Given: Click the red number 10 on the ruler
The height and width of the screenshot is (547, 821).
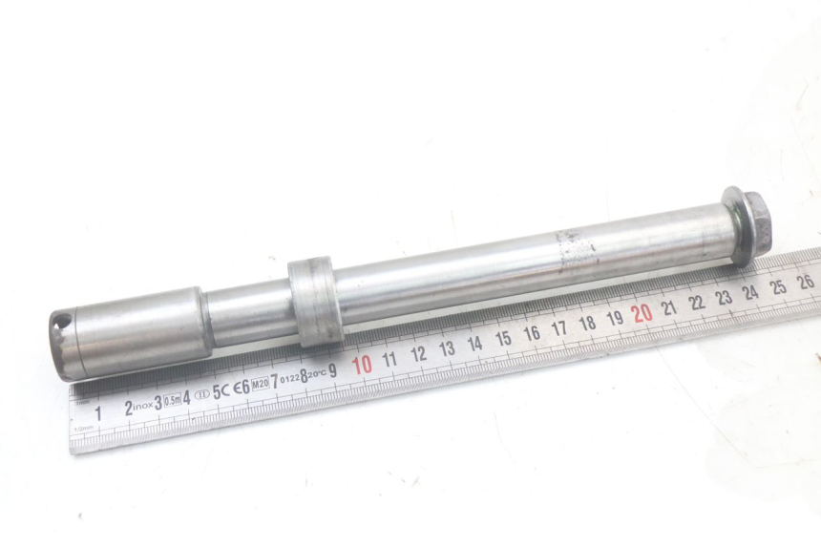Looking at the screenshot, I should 362,366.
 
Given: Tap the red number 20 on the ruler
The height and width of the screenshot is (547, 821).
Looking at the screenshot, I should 642,312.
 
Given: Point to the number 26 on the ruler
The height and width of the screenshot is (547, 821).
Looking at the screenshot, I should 805,281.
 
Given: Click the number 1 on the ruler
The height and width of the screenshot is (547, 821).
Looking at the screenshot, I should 97,412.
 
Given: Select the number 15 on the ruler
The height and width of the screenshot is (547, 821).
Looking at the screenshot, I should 503,339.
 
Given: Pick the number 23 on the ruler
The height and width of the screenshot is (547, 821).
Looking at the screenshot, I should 724,297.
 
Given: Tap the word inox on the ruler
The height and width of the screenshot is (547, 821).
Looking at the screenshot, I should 142,405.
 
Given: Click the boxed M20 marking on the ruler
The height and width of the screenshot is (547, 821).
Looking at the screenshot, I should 259,384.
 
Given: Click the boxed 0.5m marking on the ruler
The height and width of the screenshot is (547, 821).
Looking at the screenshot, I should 174,399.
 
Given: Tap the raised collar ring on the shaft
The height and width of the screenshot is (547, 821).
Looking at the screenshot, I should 312,299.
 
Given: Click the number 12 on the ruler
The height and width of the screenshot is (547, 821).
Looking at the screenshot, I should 418,354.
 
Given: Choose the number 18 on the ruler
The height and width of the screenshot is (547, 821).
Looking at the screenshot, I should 587,323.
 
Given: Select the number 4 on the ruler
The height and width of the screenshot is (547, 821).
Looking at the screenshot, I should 188,396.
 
